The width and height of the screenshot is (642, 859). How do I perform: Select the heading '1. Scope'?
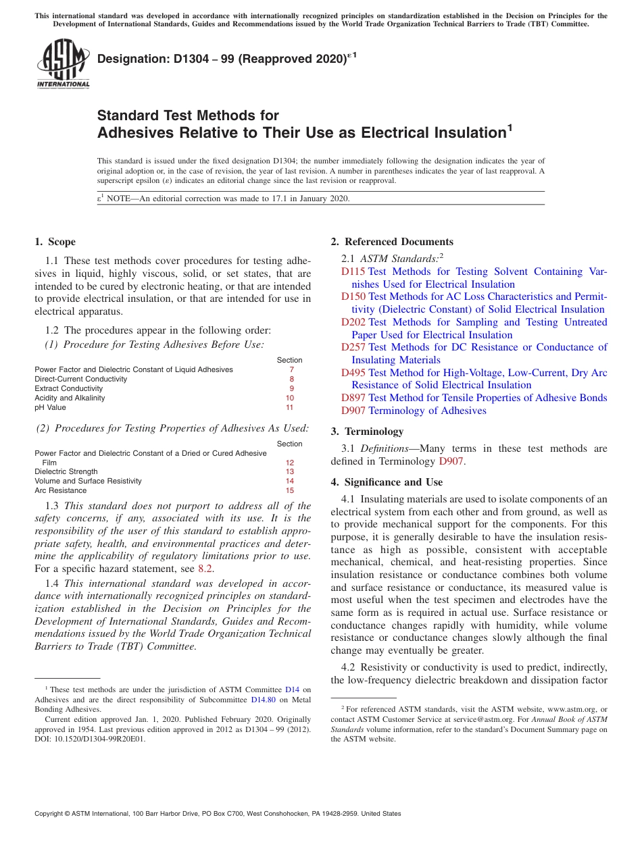pos(55,242)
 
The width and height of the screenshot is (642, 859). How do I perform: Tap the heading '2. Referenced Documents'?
pos(392,242)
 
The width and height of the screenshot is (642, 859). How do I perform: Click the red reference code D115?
pos(353,271)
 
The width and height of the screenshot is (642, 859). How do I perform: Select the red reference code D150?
pos(353,296)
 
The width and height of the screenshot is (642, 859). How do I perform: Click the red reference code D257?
pos(353,347)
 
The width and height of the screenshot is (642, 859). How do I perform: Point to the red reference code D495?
pos(353,373)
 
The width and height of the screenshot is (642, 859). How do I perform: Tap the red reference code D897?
pos(353,398)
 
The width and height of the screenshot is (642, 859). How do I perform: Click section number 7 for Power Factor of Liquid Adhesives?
pos(291,369)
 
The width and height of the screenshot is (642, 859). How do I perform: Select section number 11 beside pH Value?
pos(289,407)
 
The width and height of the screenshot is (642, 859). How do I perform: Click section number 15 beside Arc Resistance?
pos(289,490)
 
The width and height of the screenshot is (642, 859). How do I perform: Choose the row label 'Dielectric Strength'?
pos(66,471)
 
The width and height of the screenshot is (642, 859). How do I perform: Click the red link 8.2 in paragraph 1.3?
pos(205,569)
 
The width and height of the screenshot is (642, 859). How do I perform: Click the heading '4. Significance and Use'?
pos(387,482)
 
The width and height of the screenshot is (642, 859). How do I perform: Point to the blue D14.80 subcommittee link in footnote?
pos(263,700)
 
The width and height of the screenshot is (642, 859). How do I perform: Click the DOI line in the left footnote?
pos(90,738)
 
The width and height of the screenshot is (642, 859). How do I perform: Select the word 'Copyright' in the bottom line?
pos(50,814)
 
